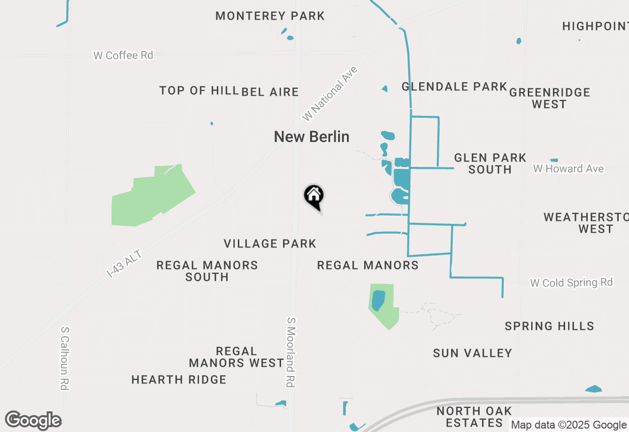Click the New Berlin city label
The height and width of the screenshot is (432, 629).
coord(312,136)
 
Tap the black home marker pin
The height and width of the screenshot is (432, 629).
coord(314,196)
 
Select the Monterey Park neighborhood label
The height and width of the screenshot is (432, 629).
coord(270,16)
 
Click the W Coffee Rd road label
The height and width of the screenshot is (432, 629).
coord(123,55)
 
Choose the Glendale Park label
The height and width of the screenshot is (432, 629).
coord(454,87)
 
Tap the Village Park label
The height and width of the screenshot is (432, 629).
coord(270,243)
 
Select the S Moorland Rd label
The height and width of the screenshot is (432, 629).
coord(291,352)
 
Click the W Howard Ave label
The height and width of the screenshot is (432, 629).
coord(569,169)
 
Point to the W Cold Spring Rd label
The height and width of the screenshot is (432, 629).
coord(572,283)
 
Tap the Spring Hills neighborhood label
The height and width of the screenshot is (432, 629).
coord(549,326)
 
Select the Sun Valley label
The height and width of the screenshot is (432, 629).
coord(473,353)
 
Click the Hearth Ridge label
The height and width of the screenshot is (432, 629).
coord(179,379)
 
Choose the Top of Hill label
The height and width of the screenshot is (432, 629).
coord(199,91)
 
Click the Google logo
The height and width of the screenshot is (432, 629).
coord(33,421)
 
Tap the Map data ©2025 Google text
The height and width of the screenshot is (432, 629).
coord(569,425)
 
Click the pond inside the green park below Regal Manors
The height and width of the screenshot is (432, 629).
coord(378,300)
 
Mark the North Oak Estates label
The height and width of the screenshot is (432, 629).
coord(474,417)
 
